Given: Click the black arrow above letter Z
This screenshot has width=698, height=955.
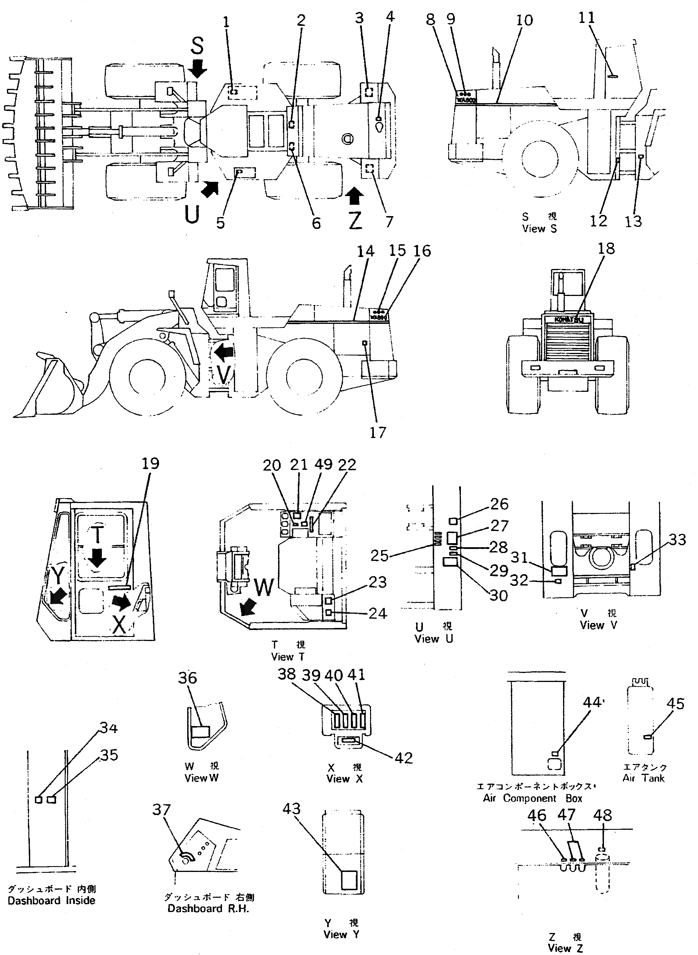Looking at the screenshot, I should (x=354, y=196).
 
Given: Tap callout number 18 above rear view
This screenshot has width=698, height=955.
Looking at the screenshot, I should (x=606, y=249).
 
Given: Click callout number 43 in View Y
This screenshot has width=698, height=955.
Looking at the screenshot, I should (x=292, y=809).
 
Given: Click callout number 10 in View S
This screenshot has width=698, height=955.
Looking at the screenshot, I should (x=524, y=20).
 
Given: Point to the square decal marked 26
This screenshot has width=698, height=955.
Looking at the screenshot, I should (x=453, y=521).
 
